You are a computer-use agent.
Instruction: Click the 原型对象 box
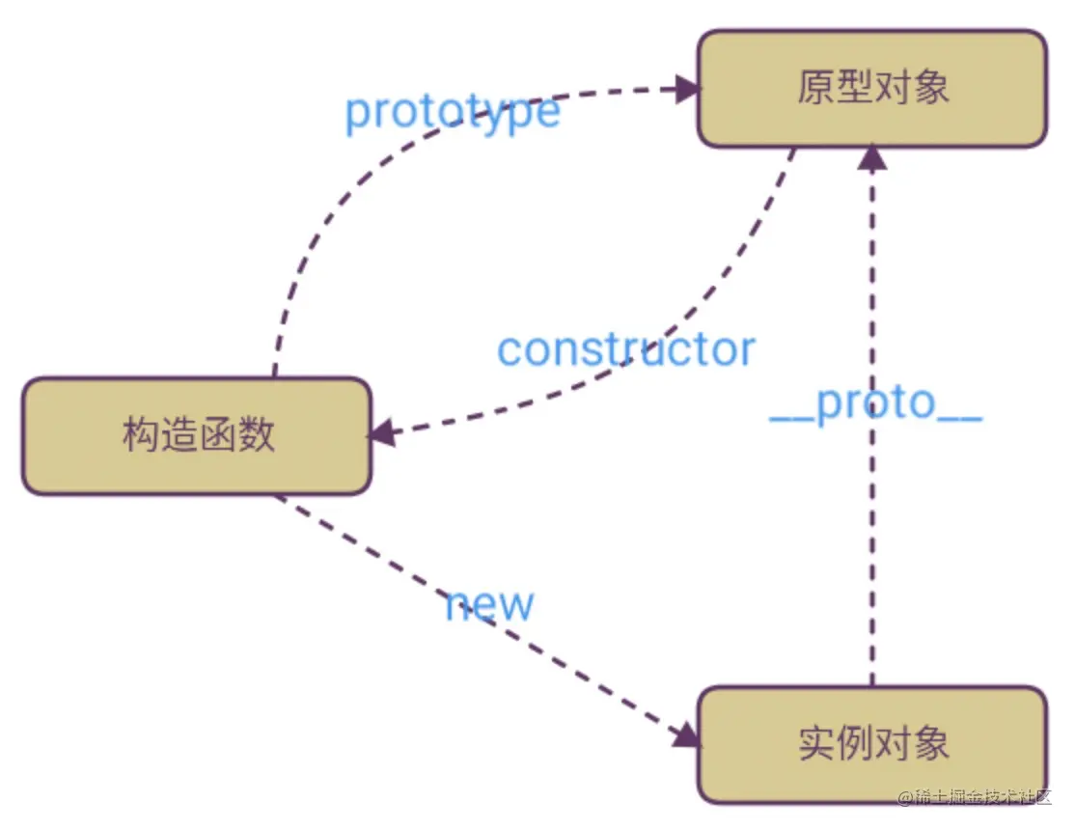point(872,89)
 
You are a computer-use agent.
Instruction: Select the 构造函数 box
point(197,436)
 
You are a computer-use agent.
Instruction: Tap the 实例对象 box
point(872,744)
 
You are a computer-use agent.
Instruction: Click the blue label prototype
point(452,113)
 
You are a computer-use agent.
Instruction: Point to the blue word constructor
point(625,349)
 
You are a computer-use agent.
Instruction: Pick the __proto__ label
point(875,405)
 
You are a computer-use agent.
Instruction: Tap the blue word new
point(489,605)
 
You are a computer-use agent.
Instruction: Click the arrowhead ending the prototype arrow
point(687,90)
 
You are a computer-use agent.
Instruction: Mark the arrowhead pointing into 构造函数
point(383,433)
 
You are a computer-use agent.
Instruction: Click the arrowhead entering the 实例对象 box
point(685,734)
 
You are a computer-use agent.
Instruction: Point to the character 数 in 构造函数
point(256,436)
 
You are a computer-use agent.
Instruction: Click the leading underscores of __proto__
point(791,421)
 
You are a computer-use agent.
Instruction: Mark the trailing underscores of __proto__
point(959,421)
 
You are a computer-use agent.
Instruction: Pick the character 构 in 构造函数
point(140,436)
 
